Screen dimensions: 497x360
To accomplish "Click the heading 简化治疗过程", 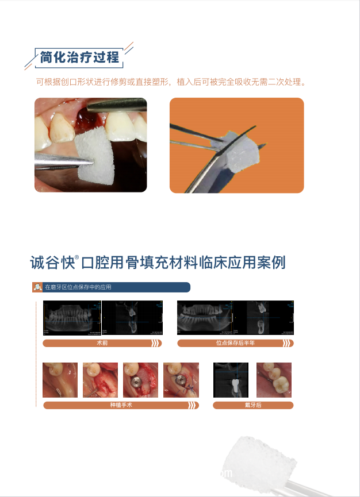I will click(x=79, y=57).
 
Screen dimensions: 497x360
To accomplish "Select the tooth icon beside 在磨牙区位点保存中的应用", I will click(x=37, y=287).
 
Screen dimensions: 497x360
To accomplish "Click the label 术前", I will click(x=102, y=343).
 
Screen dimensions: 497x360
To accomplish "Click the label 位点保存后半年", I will click(x=235, y=343).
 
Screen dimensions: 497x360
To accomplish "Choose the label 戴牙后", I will click(x=252, y=405).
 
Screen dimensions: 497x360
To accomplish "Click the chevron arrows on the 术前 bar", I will click(x=155, y=343).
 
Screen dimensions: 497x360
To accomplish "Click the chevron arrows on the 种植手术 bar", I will click(x=193, y=405).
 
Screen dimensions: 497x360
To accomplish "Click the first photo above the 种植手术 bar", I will click(x=60, y=380).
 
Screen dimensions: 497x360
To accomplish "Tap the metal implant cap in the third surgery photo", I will click(x=135, y=381).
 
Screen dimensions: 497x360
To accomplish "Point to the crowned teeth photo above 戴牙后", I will click(x=274, y=380).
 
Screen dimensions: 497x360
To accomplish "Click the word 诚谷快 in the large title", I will click(x=52, y=263).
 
